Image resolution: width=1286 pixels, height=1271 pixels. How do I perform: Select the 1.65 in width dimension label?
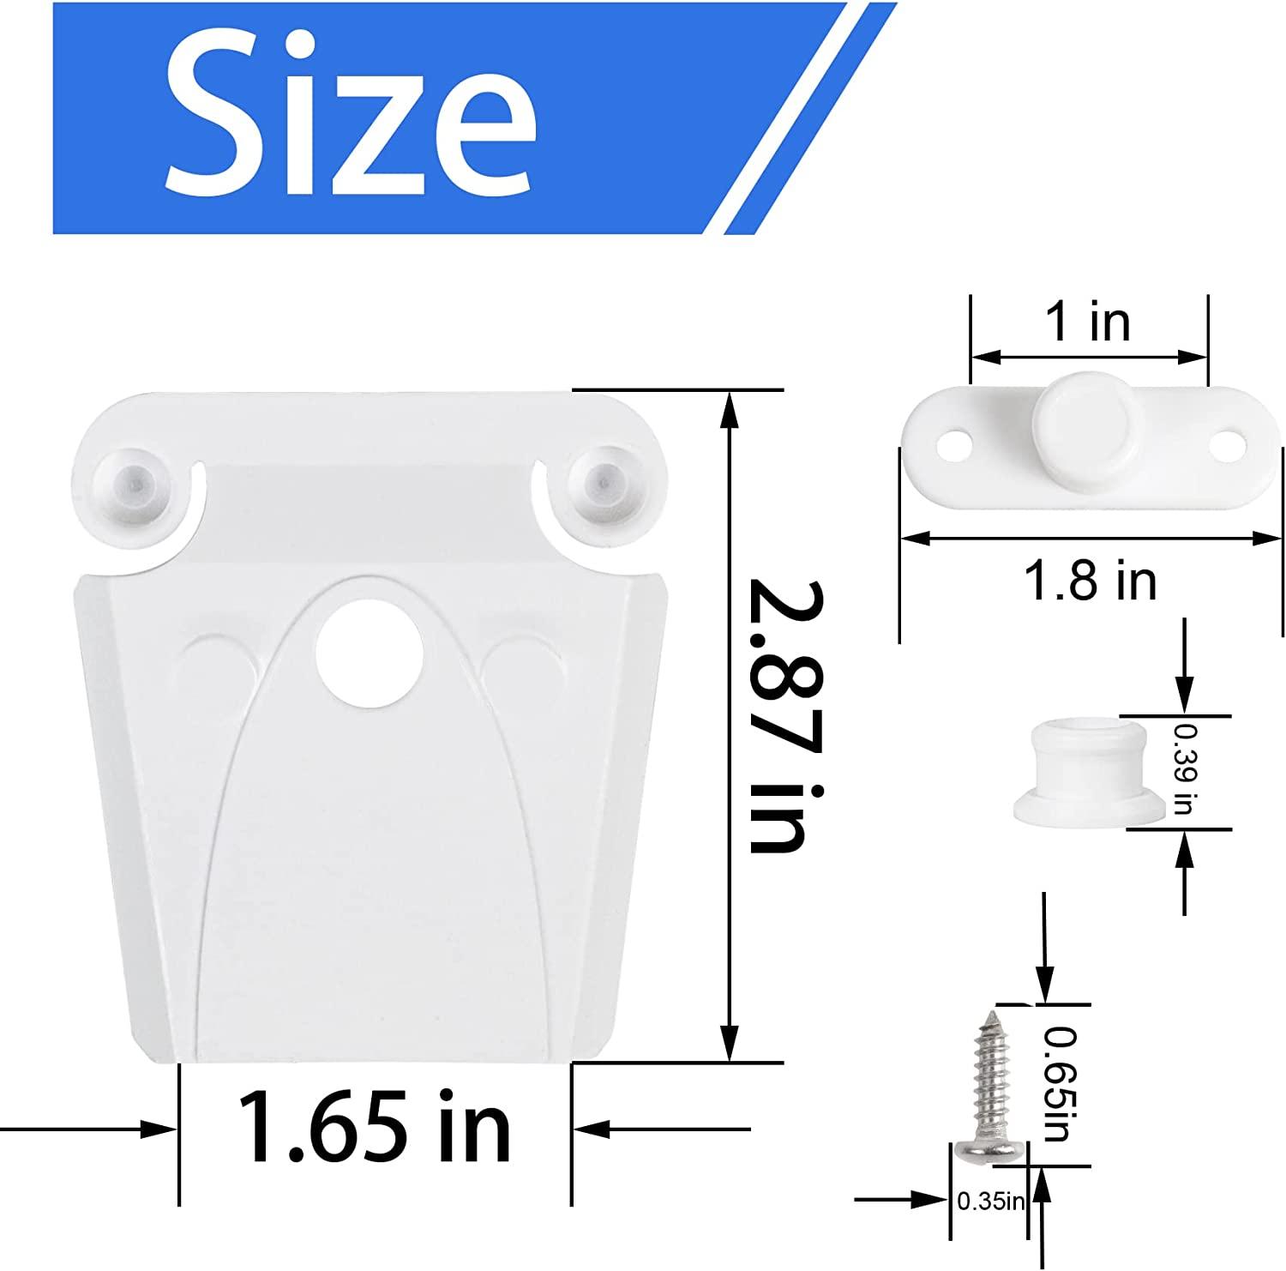point(375,1126)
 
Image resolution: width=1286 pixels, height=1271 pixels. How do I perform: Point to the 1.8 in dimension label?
point(1090,581)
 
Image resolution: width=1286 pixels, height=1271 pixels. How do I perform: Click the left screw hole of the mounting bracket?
point(950,447)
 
